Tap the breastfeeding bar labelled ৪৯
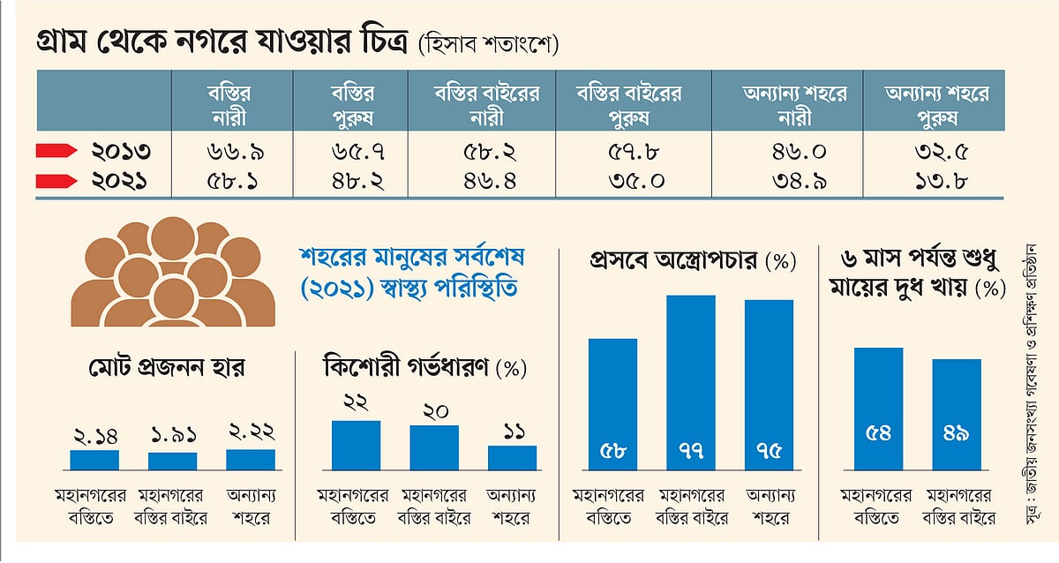[x=956, y=414]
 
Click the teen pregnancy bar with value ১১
[x=512, y=457]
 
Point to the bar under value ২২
[x=356, y=445]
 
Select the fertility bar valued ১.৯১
[x=172, y=461]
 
